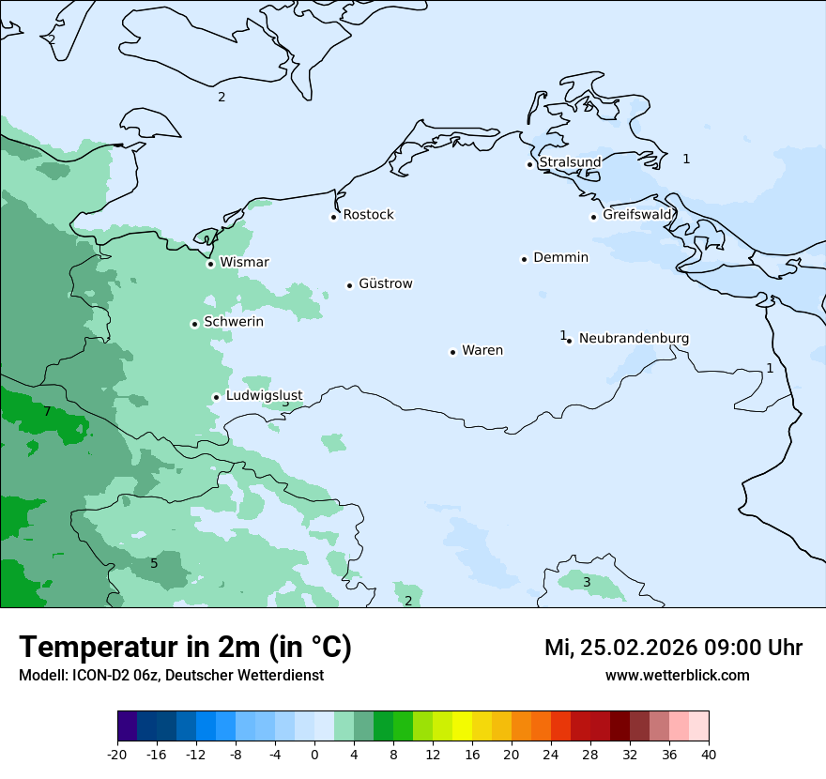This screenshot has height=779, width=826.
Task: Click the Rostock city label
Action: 368,215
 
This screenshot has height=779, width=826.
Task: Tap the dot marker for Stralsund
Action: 529,164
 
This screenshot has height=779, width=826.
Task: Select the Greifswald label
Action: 637,215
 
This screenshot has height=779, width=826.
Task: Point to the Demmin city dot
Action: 524,259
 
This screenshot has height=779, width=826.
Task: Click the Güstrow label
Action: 385,283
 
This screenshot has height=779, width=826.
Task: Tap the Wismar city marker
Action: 210,264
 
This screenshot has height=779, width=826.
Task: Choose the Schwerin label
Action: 233,322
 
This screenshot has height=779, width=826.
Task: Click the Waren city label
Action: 482,350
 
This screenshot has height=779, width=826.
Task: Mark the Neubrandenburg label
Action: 634,338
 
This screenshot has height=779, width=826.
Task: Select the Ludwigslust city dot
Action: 216,397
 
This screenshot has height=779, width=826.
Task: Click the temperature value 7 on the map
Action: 47,412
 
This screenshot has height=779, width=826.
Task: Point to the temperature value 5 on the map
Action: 154,563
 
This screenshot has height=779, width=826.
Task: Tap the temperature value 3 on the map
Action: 587,582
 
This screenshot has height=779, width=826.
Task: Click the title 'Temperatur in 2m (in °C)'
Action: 185,648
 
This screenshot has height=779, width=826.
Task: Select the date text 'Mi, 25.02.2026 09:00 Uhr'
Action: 673,648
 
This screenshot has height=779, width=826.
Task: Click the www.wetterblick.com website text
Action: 677,676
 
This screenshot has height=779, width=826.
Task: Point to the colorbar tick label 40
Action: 709,755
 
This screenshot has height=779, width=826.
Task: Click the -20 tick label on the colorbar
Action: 117,755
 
